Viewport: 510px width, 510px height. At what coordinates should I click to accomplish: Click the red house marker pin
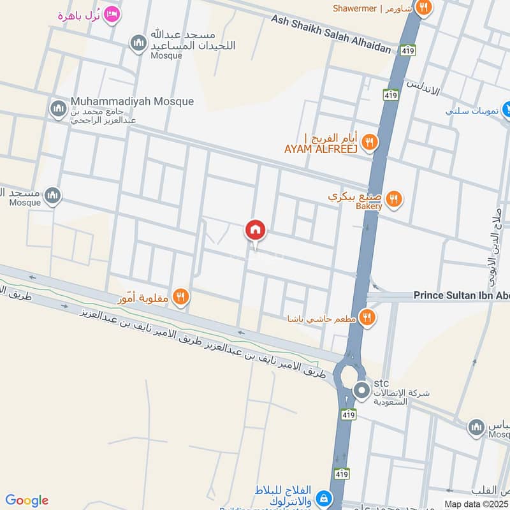[x=255, y=229]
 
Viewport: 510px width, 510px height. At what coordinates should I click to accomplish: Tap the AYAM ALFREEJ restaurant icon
[x=370, y=142]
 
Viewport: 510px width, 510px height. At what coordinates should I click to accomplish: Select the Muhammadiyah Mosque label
[x=133, y=101]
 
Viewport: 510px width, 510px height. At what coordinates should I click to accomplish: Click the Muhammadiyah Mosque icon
[x=59, y=108]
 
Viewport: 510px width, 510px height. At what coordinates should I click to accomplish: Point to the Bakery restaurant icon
[x=395, y=199]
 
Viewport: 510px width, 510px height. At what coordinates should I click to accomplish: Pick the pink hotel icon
[x=112, y=13]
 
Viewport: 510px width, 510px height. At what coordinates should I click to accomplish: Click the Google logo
[x=27, y=500]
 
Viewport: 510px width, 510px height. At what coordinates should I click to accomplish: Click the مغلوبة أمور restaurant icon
[x=181, y=296]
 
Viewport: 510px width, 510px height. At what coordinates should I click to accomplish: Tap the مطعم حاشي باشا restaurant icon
[x=367, y=316]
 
